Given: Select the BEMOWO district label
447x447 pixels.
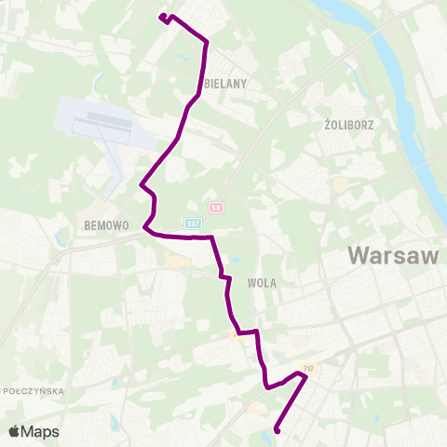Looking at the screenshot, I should coord(104,225).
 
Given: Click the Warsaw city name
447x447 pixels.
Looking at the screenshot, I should coord(392,255).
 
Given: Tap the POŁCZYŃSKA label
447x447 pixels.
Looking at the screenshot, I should coord(34,391).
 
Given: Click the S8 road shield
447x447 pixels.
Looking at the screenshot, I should coord(216,207).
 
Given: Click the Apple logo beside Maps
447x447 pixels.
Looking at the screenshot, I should coord(15,431).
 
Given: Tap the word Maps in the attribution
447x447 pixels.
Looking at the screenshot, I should coord(40,431).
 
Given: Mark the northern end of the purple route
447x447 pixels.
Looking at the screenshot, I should coord(162,17).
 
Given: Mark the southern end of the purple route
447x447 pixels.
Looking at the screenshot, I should coord(278,430).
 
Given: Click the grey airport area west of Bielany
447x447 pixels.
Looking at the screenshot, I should coord(102,122).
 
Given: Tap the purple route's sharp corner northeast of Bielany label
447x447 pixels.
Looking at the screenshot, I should coord(206,41).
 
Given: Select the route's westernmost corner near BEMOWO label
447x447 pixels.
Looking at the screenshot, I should coord(144,226).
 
